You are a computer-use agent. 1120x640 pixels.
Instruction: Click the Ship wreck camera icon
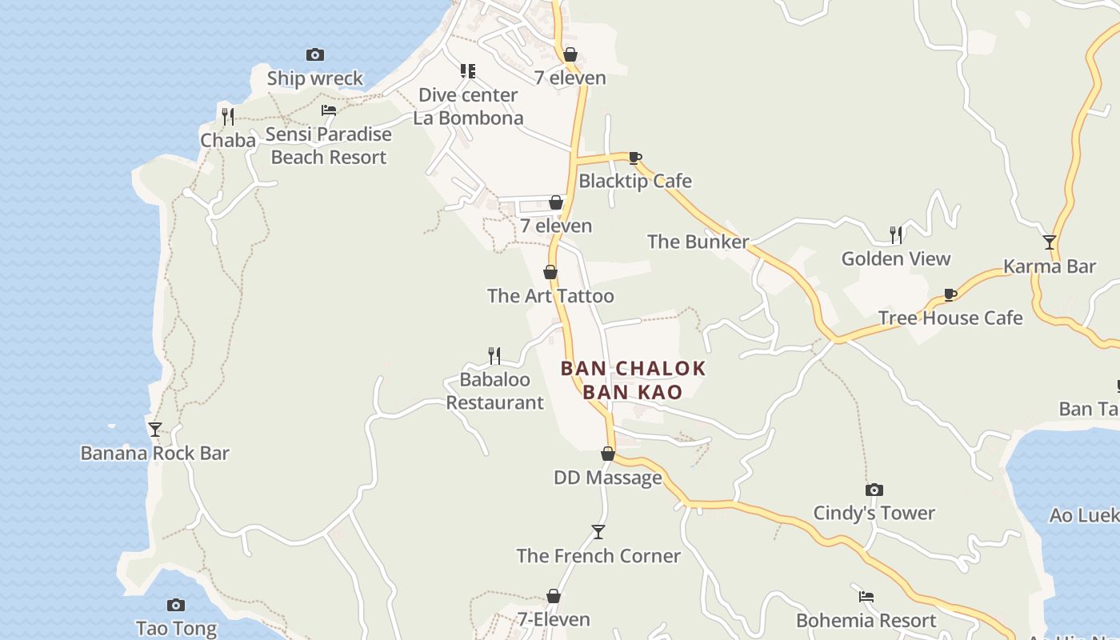pyautogui.click(x=315, y=54)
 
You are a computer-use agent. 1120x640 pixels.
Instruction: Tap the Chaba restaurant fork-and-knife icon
pyautogui.click(x=228, y=117)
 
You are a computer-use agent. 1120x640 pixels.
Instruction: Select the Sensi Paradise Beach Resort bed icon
pyautogui.click(x=329, y=110)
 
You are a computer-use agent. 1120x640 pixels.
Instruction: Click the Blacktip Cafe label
pyautogui.click(x=635, y=181)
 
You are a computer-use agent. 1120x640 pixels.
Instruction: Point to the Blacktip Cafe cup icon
pyautogui.click(x=635, y=158)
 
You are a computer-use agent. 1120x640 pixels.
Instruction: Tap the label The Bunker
pyautogui.click(x=698, y=242)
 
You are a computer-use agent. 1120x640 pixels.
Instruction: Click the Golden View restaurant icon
pyautogui.click(x=896, y=234)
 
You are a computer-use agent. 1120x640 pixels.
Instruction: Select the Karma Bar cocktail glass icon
pyautogui.click(x=1050, y=242)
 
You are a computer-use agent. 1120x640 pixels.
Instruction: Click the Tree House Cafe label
pyautogui.click(x=950, y=318)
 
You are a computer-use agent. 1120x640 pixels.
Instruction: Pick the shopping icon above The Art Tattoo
pyautogui.click(x=550, y=272)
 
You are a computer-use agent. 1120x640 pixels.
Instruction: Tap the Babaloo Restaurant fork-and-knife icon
pyautogui.click(x=494, y=355)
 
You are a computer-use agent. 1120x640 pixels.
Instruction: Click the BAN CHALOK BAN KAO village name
pyautogui.click(x=633, y=380)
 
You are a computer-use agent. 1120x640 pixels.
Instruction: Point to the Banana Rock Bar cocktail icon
pyautogui.click(x=155, y=429)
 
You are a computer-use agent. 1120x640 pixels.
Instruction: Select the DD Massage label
pyautogui.click(x=608, y=478)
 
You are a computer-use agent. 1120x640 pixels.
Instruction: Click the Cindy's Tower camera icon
pyautogui.click(x=874, y=490)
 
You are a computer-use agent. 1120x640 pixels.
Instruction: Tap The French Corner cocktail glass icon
pyautogui.click(x=598, y=532)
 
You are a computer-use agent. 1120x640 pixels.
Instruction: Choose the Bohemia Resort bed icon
pyautogui.click(x=866, y=597)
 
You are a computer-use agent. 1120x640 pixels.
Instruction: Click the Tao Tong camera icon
pyautogui.click(x=176, y=605)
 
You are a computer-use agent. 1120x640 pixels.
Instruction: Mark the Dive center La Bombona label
pyautogui.click(x=468, y=106)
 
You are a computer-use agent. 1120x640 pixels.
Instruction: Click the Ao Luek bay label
pyautogui.click(x=1084, y=515)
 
